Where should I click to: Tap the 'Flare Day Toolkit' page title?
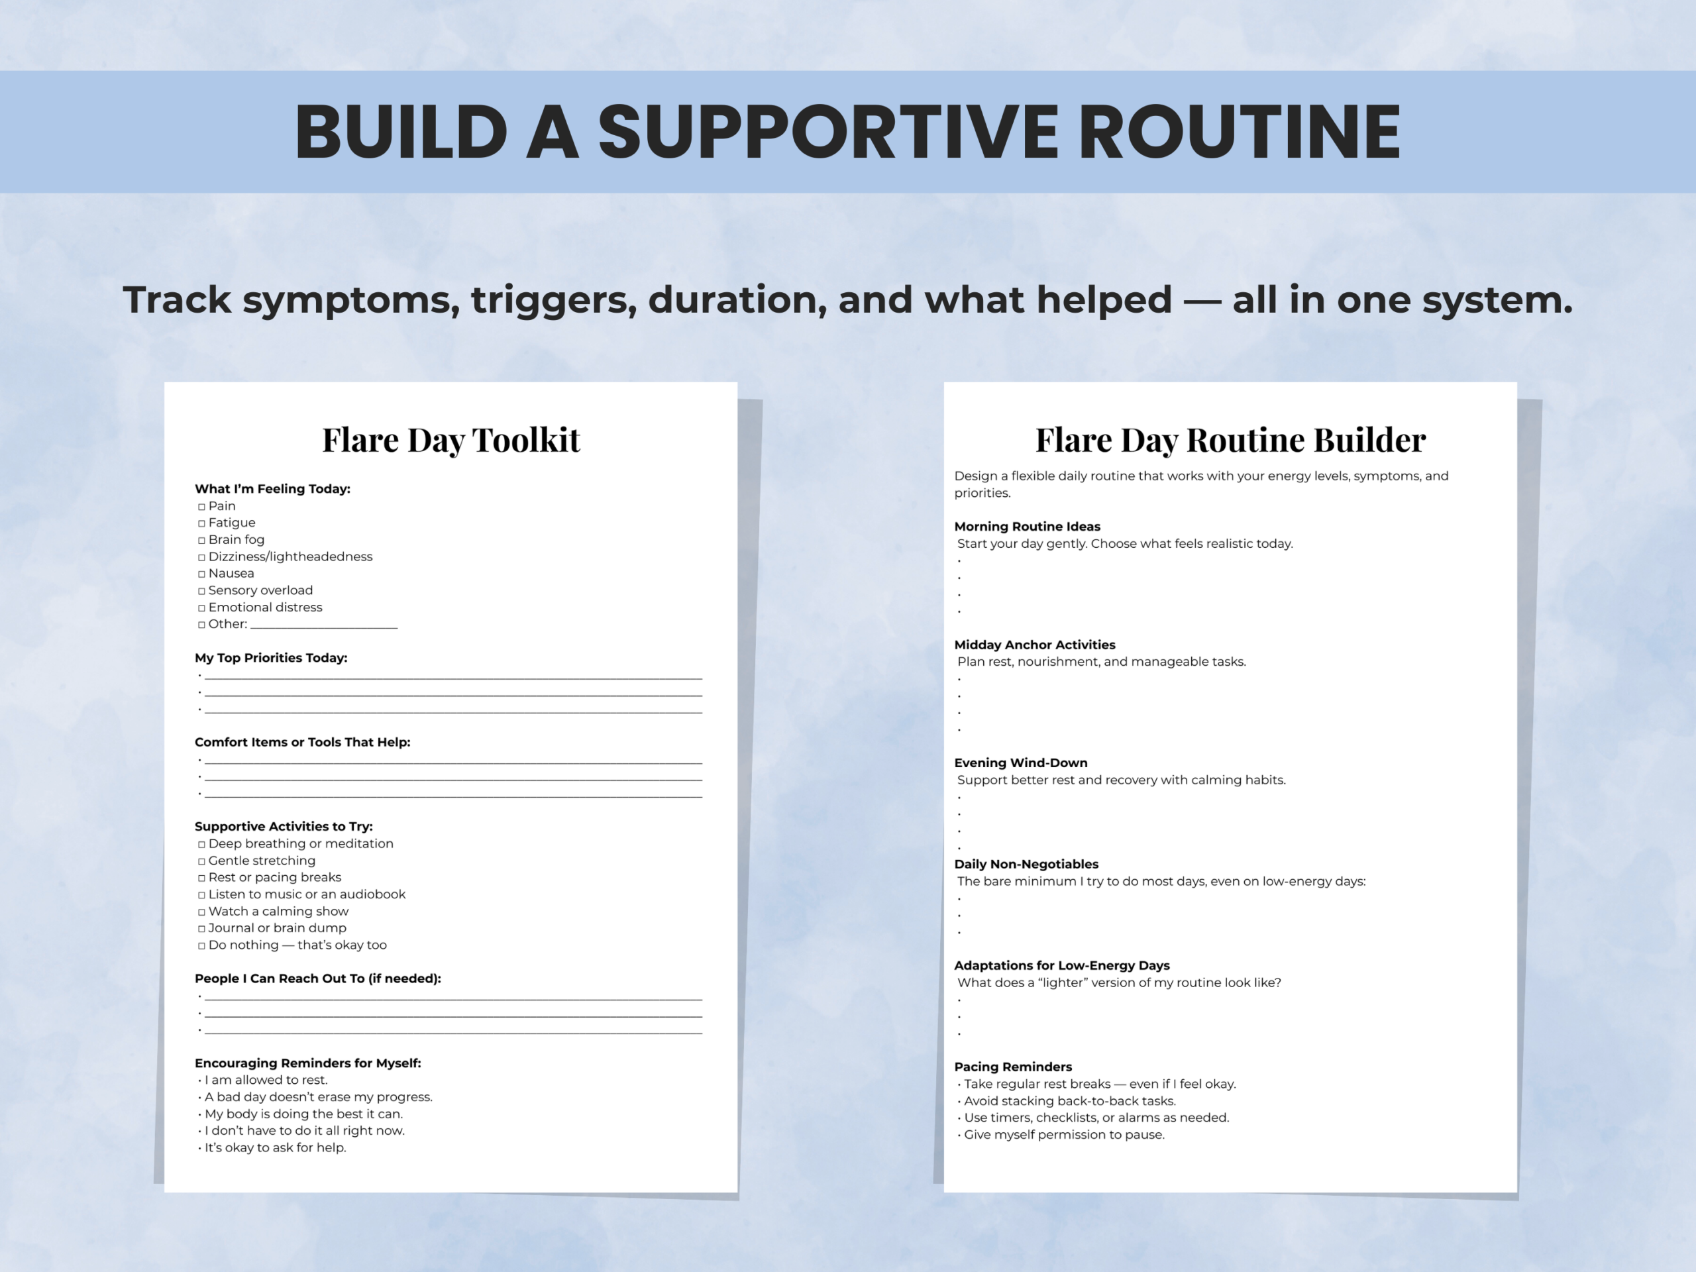pyautogui.click(x=451, y=440)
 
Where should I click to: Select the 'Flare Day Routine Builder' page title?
pyautogui.click(x=1230, y=440)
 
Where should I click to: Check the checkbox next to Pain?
pyautogui.click(x=201, y=507)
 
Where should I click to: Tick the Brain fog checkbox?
pyautogui.click(x=201, y=541)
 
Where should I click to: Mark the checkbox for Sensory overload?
pyautogui.click(x=201, y=591)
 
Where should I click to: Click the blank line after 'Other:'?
pyautogui.click(x=323, y=625)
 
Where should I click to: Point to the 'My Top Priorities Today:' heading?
pyautogui.click(x=271, y=658)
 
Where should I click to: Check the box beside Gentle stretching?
pyautogui.click(x=201, y=862)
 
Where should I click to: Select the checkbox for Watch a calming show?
pyautogui.click(x=201, y=912)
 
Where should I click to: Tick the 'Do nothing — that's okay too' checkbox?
pyautogui.click(x=201, y=946)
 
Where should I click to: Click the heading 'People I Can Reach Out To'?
pyautogui.click(x=317, y=979)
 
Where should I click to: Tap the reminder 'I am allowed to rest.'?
pyautogui.click(x=265, y=1081)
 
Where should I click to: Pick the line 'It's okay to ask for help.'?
pyautogui.click(x=274, y=1148)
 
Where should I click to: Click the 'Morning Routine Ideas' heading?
pyautogui.click(x=1027, y=527)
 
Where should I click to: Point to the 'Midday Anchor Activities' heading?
pyautogui.click(x=1034, y=645)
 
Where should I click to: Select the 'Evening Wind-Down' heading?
pyautogui.click(x=1020, y=763)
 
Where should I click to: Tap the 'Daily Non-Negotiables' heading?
pyautogui.click(x=1026, y=864)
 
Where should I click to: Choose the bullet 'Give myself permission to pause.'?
pyautogui.click(x=1063, y=1135)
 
